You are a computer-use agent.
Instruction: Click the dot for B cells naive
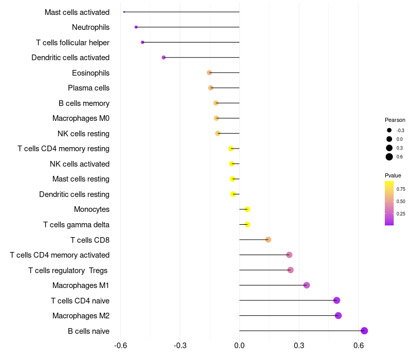[x=364, y=331]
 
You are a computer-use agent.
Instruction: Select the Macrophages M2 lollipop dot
[x=338, y=315]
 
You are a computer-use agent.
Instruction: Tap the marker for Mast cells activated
[x=124, y=12]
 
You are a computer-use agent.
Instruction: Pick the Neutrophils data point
[x=136, y=27]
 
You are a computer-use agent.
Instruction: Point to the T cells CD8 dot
[x=268, y=240]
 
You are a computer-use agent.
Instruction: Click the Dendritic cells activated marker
[x=163, y=57]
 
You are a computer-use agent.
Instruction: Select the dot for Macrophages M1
[x=307, y=285]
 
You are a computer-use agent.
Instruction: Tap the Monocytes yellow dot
[x=247, y=209]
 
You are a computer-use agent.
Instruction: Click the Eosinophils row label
[x=90, y=73]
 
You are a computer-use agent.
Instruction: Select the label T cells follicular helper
[x=72, y=42]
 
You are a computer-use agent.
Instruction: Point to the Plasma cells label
[x=88, y=88]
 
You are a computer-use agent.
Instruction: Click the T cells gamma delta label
[x=76, y=225]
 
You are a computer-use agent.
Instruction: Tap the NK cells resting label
[x=83, y=134]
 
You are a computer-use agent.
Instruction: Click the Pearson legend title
[x=395, y=120]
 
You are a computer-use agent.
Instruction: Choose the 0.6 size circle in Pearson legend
[x=389, y=157]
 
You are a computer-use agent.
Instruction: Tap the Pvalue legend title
[x=393, y=175]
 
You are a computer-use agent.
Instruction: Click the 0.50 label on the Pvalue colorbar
[x=401, y=202]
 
